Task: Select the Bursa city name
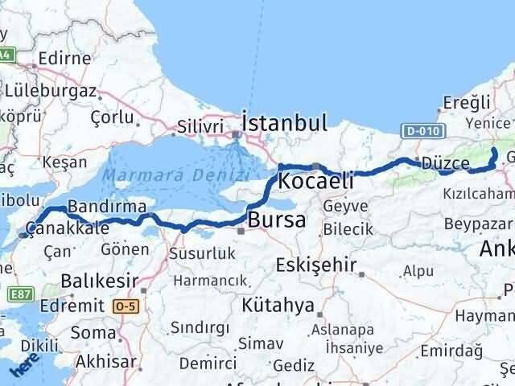(276, 219)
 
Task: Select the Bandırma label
(101, 207)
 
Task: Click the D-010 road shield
(421, 129)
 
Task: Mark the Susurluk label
(201, 253)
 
